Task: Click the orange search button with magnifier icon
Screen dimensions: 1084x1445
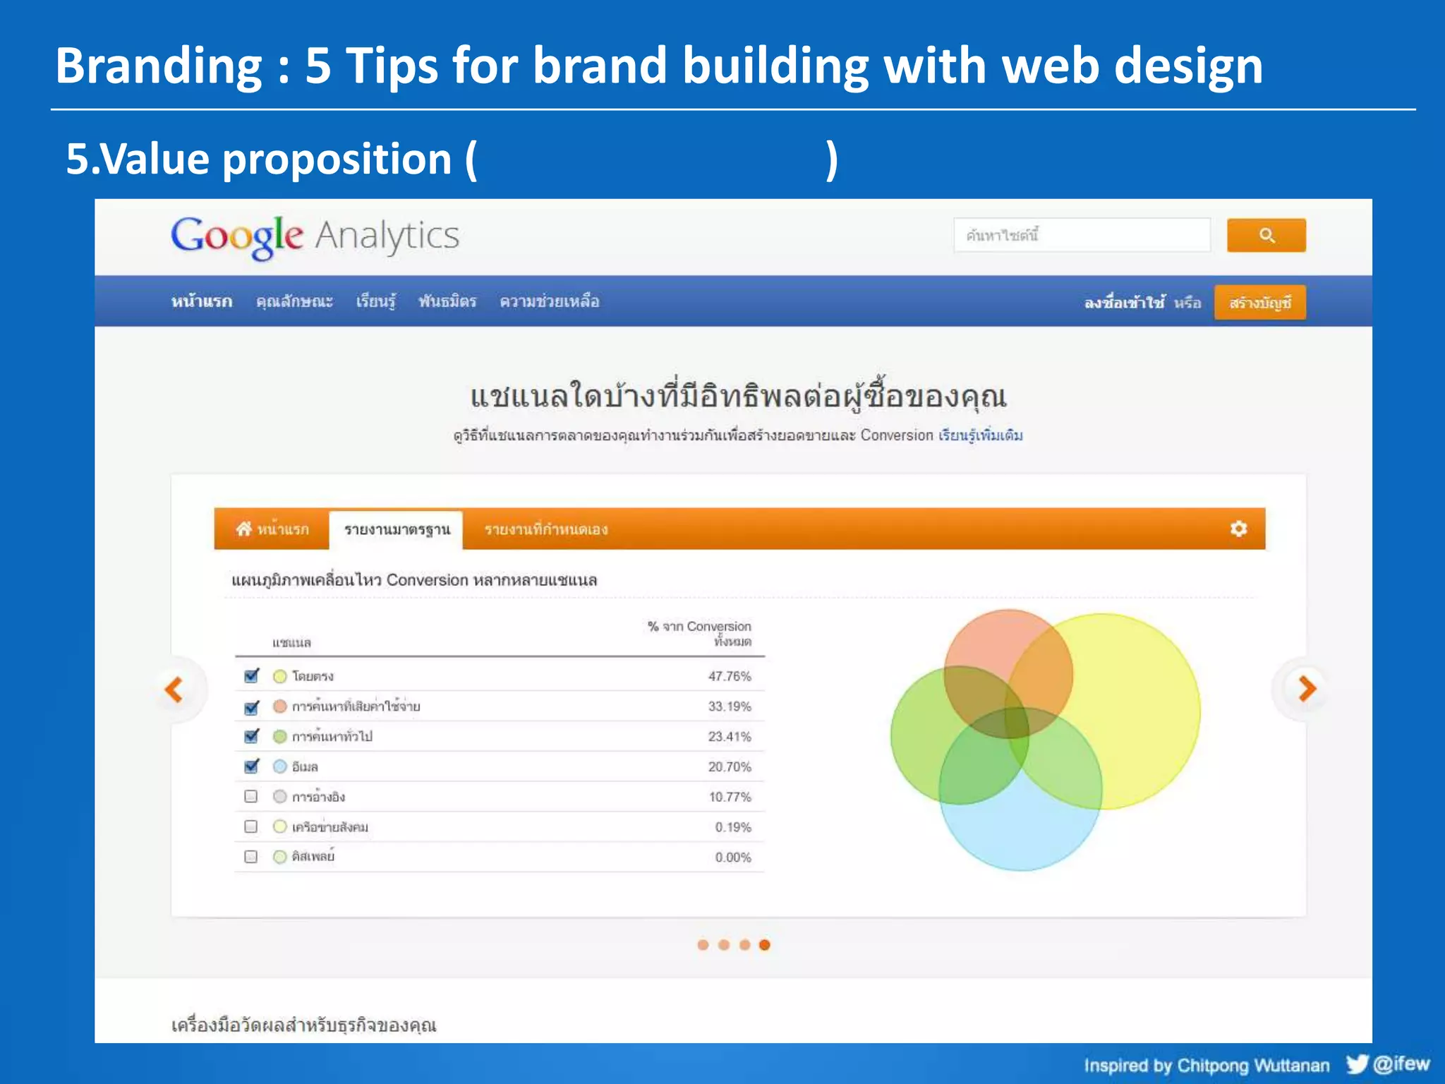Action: click(1266, 235)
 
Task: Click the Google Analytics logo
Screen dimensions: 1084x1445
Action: click(315, 237)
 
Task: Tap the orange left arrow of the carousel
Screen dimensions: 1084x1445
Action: click(174, 689)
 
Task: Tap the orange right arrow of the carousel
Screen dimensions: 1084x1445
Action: click(1307, 689)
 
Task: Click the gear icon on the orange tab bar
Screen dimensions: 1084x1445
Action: click(1238, 529)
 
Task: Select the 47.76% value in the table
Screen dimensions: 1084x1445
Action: click(730, 676)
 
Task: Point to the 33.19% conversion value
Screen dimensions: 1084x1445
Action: click(730, 706)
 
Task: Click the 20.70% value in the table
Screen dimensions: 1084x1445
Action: click(730, 766)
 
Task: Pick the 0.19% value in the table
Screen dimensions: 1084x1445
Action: click(732, 827)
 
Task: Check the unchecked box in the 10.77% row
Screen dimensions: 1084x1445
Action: click(250, 796)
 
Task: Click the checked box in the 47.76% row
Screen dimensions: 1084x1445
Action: click(251, 675)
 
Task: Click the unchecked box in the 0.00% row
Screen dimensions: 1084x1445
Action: click(250, 857)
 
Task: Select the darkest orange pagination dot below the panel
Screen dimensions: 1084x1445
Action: click(765, 945)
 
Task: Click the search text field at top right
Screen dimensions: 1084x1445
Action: click(1082, 235)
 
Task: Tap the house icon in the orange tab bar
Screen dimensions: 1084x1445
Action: click(244, 529)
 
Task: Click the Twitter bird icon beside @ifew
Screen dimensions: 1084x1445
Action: click(1356, 1064)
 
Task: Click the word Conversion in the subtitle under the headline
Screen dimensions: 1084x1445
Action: click(896, 435)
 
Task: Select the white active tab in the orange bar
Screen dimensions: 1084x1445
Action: click(397, 530)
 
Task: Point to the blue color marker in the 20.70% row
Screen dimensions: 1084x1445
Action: click(280, 766)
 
